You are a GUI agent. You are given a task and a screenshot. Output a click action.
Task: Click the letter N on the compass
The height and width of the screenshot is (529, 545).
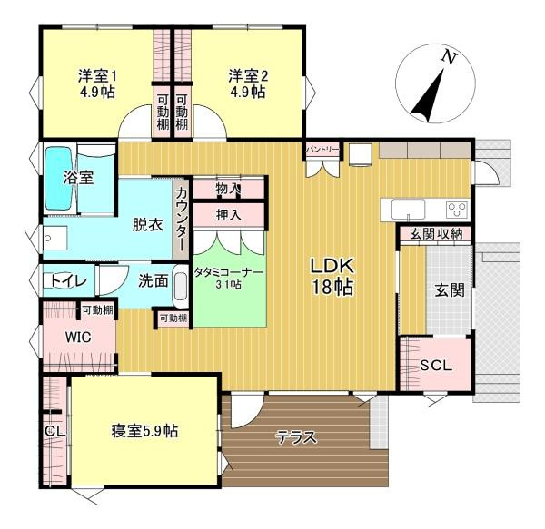pyautogui.click(x=447, y=58)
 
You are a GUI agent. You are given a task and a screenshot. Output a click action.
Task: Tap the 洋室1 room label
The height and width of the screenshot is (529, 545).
pyautogui.click(x=95, y=83)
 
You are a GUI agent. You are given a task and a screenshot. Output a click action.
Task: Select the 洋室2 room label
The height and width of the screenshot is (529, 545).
pyautogui.click(x=246, y=83)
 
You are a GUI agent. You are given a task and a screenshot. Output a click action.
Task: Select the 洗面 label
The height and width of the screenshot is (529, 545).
pyautogui.click(x=153, y=281)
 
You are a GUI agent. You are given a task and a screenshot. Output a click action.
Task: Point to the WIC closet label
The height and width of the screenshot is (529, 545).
pyautogui.click(x=78, y=337)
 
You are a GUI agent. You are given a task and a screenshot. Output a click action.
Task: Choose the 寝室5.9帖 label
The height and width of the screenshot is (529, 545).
pyautogui.click(x=144, y=430)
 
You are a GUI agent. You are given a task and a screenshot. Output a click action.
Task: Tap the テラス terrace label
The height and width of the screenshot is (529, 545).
pyautogui.click(x=296, y=437)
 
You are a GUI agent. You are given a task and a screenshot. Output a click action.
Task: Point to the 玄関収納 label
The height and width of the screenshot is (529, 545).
pyautogui.click(x=436, y=234)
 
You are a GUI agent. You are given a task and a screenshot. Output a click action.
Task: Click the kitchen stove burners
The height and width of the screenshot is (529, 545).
pyautogui.click(x=456, y=210)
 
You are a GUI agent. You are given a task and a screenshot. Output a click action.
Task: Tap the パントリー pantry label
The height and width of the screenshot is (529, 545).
pyautogui.click(x=322, y=148)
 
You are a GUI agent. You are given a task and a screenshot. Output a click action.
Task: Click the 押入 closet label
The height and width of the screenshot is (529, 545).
pyautogui.click(x=229, y=215)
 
